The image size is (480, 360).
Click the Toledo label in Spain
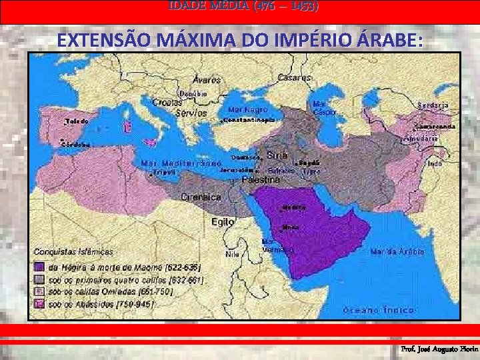(x=77, y=122)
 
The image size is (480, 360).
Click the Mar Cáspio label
(x=320, y=108)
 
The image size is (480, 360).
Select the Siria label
(x=277, y=155)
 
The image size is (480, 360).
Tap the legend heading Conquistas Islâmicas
(x=74, y=252)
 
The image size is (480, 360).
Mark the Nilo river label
(x=232, y=254)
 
